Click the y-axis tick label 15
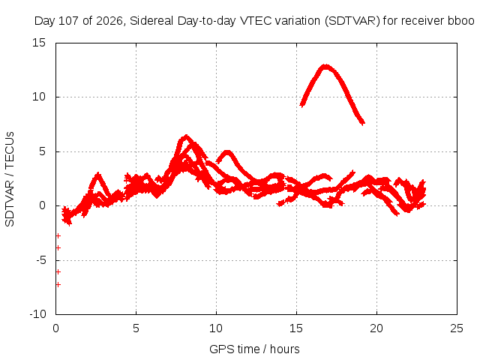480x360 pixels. [39, 43]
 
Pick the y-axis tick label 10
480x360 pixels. [39, 97]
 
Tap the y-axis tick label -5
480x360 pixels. [40, 260]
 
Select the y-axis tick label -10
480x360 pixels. [38, 314]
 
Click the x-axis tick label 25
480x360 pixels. [457, 328]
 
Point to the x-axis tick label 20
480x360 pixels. [376, 328]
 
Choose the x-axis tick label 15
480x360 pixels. [296, 328]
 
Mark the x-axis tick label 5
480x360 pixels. [136, 328]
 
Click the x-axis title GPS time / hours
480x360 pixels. [254, 349]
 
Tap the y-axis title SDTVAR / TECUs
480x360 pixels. [10, 179]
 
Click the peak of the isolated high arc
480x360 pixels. [325, 67]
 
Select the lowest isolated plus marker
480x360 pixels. [58, 285]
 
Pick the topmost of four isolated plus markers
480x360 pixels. [58, 235]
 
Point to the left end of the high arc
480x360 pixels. [302, 105]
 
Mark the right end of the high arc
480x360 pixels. [363, 123]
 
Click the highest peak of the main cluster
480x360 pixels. [186, 136]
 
